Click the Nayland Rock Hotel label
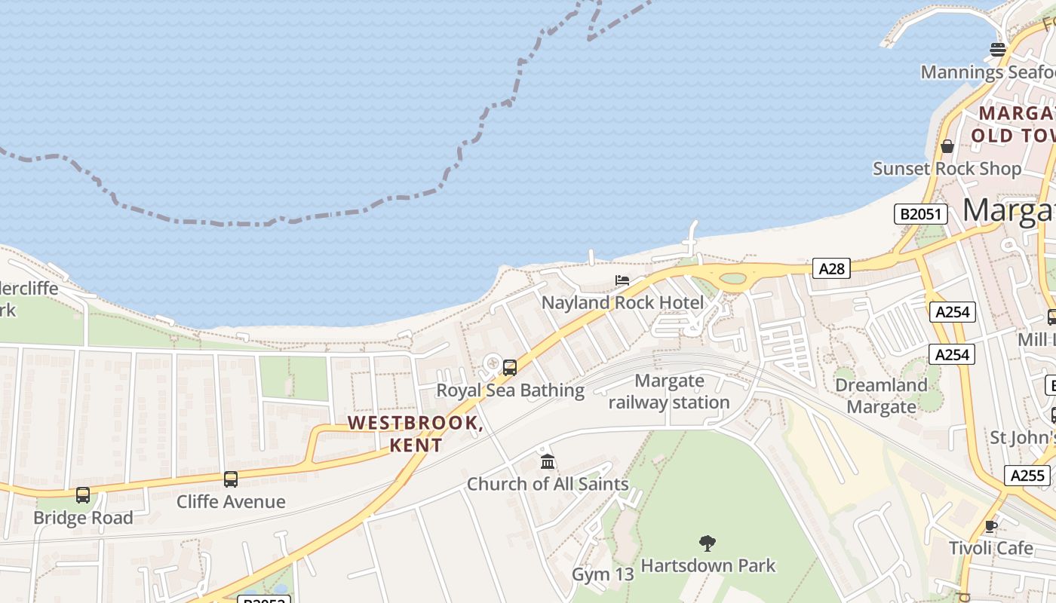pyautogui.click(x=623, y=303)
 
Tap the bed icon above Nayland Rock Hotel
pyautogui.click(x=622, y=280)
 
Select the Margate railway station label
pyautogui.click(x=669, y=392)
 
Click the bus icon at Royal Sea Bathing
pyautogui.click(x=510, y=368)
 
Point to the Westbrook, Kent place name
pyautogui.click(x=416, y=433)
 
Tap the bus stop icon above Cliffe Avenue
pyautogui.click(x=231, y=479)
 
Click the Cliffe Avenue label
pyautogui.click(x=231, y=502)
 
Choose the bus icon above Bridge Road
pyautogui.click(x=83, y=495)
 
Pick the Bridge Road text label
pyautogui.click(x=83, y=519)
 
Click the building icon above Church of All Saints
pyautogui.click(x=548, y=461)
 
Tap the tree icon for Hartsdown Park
pyautogui.click(x=708, y=543)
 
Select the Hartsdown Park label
pyautogui.click(x=708, y=565)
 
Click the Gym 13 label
pyautogui.click(x=603, y=574)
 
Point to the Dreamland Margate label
pyautogui.click(x=881, y=396)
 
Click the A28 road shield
pyautogui.click(x=831, y=268)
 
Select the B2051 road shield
pyautogui.click(x=920, y=214)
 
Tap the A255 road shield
pyautogui.click(x=1027, y=476)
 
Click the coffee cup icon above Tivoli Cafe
pyautogui.click(x=991, y=526)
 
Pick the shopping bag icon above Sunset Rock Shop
pyautogui.click(x=947, y=146)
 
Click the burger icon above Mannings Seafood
pyautogui.click(x=998, y=50)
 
